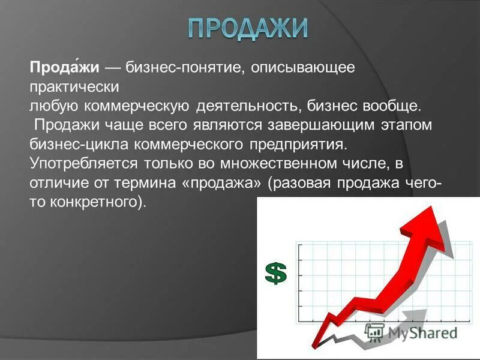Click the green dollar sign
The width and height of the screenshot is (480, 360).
pos(276,273)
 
